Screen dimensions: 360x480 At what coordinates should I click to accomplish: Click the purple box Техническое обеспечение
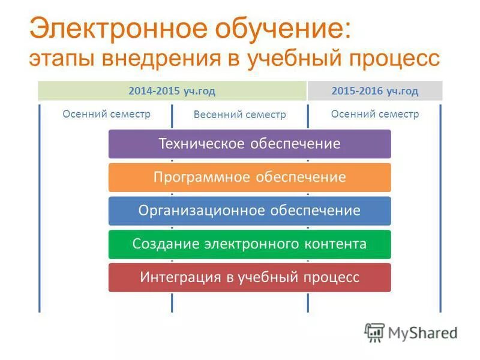(249, 144)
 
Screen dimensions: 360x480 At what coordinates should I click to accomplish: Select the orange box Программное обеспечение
(249, 178)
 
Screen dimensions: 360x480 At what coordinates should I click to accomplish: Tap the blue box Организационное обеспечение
(249, 211)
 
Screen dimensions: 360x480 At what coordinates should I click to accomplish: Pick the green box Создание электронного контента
(249, 244)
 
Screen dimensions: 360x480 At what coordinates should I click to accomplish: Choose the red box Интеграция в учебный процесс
(249, 277)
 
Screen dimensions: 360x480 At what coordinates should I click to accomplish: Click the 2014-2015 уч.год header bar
(172, 91)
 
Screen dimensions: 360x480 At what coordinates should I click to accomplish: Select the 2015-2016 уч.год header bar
(375, 91)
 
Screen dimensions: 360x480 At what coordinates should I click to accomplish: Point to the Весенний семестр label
(239, 115)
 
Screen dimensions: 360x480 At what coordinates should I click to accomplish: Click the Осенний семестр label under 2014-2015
(106, 114)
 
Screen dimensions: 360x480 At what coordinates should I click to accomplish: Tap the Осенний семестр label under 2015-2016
(375, 114)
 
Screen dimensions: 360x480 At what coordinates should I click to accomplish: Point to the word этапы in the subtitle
(60, 59)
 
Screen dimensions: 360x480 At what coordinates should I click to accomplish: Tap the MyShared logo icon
(374, 332)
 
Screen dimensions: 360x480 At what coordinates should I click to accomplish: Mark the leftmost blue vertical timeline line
(40, 210)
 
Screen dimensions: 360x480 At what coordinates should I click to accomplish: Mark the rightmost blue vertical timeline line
(440, 210)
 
